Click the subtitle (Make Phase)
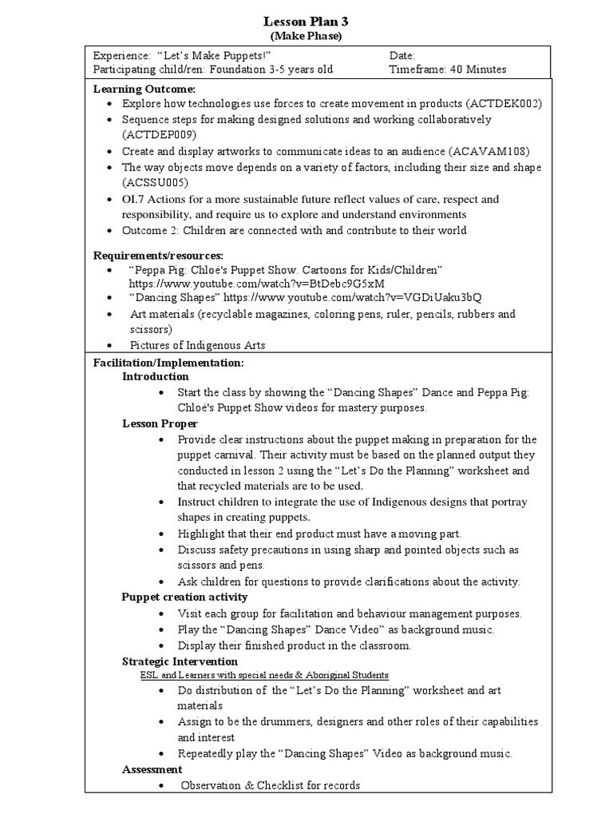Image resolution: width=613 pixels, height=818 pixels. tap(306, 36)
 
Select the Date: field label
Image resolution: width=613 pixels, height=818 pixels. tap(402, 56)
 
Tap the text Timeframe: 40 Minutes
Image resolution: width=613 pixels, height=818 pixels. tap(447, 69)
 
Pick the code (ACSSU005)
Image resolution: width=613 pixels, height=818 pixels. tap(155, 182)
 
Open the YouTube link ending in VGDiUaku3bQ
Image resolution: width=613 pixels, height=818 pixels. tap(352, 297)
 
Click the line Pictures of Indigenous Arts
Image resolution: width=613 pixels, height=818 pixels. tap(197, 345)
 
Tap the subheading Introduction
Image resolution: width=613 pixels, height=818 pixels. tap(156, 376)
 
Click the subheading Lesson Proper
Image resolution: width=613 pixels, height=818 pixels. tap(160, 423)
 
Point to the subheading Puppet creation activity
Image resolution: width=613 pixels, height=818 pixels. tap(184, 597)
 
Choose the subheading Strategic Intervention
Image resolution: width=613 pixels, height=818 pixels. tap(180, 661)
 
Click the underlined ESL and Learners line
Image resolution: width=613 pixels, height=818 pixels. tap(264, 675)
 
